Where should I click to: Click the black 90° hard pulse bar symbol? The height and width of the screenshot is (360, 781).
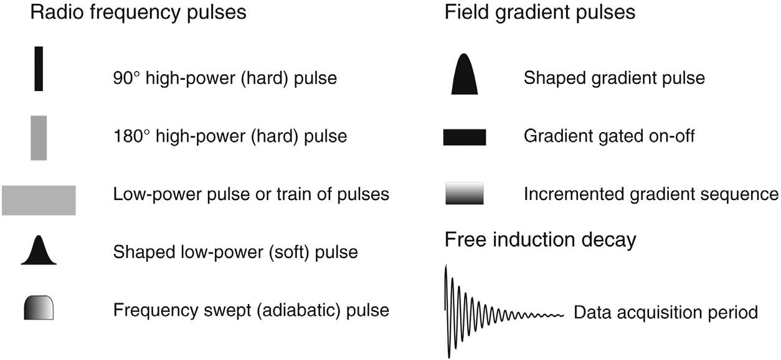(39, 69)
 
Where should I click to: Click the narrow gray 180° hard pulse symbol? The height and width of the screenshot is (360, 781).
(39, 138)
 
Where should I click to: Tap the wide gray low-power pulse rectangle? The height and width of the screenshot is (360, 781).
(39, 200)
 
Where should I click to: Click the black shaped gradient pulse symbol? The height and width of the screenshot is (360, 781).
(465, 76)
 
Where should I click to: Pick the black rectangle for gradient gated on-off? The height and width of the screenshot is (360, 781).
(465, 137)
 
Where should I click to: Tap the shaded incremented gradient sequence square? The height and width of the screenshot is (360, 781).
(465, 194)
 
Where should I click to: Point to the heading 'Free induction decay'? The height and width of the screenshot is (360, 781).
(540, 240)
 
